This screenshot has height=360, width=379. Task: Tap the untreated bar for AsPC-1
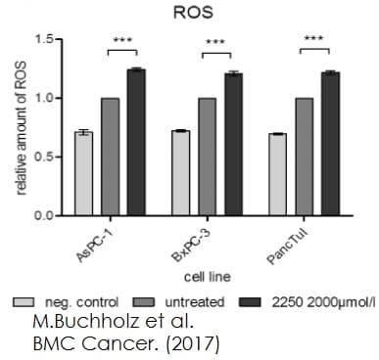109,157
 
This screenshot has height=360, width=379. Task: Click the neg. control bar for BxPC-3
180,172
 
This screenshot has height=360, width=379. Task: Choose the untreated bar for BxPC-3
207,157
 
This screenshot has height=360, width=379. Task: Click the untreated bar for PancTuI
304,157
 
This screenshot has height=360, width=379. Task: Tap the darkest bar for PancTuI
329,143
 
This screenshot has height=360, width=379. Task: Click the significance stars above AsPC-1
122,40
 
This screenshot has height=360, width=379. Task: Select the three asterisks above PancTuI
314,40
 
